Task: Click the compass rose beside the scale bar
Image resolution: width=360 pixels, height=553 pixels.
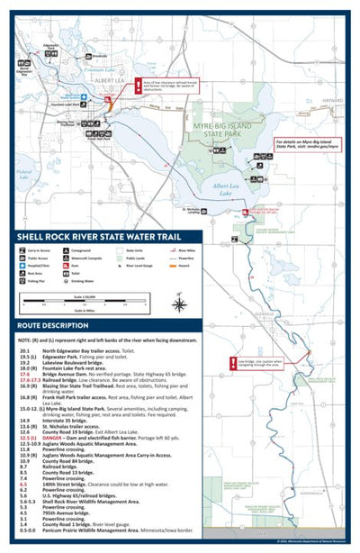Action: tap(178, 304)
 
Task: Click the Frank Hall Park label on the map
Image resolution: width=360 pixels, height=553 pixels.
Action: tap(98, 140)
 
